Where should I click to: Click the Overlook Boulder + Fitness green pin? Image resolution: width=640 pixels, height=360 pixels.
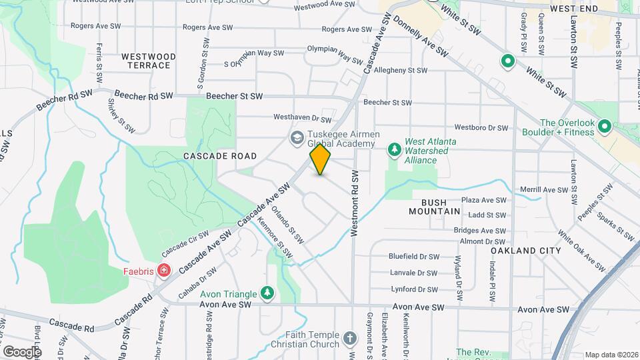[x=605, y=127]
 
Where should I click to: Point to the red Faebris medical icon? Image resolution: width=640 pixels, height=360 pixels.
[x=163, y=271]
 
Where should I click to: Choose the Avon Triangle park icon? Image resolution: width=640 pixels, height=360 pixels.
[x=267, y=293]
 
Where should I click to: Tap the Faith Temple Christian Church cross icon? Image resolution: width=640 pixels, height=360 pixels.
[x=350, y=339]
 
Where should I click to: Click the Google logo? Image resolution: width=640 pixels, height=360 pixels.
[x=22, y=351]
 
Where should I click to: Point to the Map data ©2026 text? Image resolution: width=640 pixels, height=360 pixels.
[x=611, y=355]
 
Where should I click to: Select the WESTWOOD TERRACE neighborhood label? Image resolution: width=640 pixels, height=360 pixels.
[x=149, y=61]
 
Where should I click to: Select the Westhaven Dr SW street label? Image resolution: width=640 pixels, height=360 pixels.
[x=303, y=118]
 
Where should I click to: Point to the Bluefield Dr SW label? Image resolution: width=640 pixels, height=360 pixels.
[x=414, y=256]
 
